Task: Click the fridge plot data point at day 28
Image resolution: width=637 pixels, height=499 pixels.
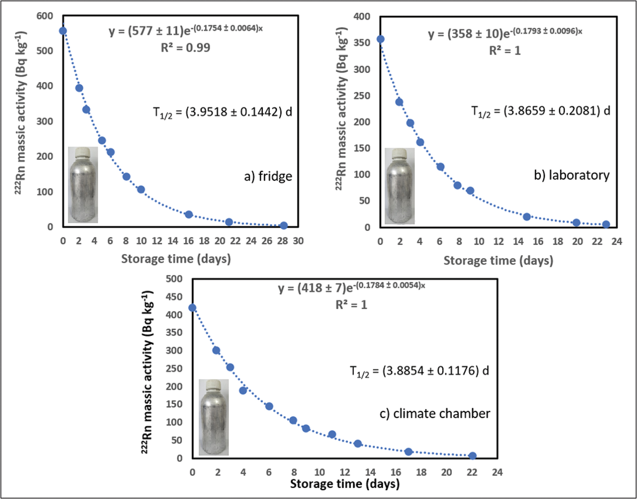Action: point(284,226)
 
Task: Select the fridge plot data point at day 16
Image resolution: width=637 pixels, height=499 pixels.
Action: point(189,214)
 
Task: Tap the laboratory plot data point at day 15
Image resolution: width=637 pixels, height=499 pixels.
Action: point(527,217)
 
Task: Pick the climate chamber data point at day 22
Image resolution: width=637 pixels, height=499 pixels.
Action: point(472,456)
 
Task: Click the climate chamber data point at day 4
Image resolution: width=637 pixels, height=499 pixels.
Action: point(243,390)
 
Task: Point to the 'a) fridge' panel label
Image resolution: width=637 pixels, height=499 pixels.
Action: point(268,176)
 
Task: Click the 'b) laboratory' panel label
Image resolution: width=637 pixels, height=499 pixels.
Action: point(572,175)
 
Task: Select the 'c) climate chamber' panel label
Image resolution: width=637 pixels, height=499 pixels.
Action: point(435,414)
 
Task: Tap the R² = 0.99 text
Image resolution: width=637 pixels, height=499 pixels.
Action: point(186,48)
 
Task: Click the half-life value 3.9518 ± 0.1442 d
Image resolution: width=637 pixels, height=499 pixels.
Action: point(222,112)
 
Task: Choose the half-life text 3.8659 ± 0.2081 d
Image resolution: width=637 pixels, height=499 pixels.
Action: point(541,111)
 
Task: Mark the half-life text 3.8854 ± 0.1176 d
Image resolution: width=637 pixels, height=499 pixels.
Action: point(419,371)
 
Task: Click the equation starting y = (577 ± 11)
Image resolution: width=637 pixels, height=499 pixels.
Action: point(186,30)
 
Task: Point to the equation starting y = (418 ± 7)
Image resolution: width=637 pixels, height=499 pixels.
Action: point(351,287)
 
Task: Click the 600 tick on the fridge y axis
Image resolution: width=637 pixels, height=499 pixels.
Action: point(45,16)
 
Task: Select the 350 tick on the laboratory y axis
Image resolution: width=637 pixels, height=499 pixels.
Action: point(362,43)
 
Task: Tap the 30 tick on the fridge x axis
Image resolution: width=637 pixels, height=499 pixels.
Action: point(298,241)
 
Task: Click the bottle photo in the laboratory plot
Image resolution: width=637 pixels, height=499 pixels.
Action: point(400,186)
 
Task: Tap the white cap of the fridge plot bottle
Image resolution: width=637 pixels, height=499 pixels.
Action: point(83,152)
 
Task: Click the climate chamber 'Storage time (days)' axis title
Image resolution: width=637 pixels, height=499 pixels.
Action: point(345,484)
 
